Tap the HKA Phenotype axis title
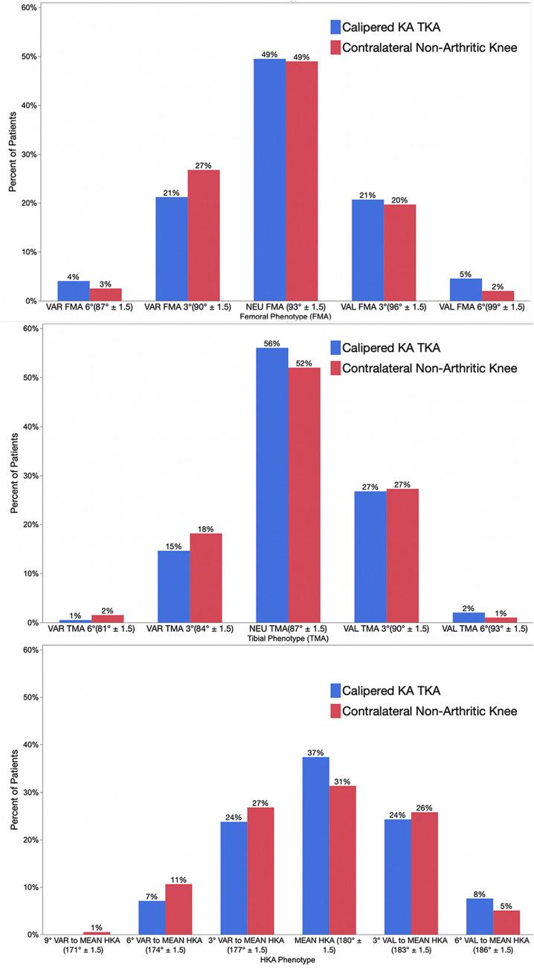pyautogui.click(x=285, y=961)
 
